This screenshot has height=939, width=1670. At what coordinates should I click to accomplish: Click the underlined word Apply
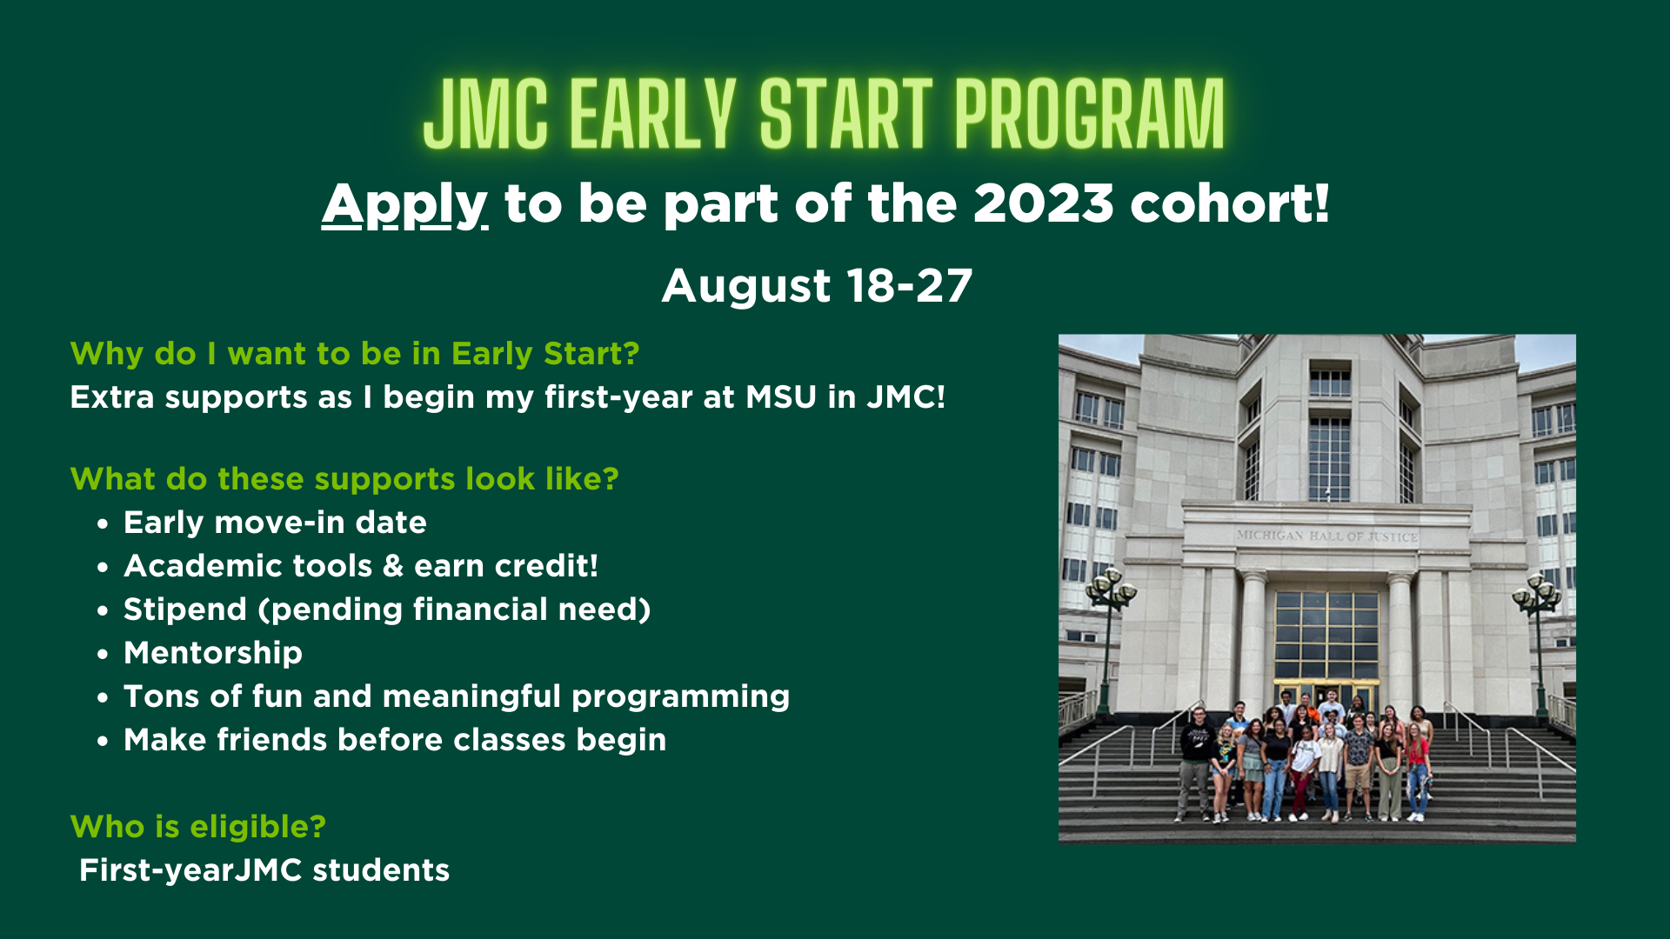click(404, 205)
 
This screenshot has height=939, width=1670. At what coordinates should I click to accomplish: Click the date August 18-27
click(817, 285)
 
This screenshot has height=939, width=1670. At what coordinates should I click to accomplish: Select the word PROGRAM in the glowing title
click(1089, 115)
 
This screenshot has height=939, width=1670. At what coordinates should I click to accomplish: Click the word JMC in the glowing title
click(485, 115)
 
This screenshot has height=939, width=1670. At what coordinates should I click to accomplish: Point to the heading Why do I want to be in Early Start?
click(355, 354)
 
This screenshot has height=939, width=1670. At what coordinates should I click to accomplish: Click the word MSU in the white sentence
click(781, 397)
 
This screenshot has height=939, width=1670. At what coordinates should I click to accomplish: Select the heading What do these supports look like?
click(344, 479)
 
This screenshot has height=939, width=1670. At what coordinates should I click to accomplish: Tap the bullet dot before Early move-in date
click(104, 524)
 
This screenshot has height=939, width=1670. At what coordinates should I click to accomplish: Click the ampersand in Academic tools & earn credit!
click(393, 566)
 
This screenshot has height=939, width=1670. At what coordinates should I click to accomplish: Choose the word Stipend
click(185, 609)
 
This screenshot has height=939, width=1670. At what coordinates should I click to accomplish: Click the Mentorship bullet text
click(213, 653)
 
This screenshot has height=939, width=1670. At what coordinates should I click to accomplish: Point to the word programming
click(680, 696)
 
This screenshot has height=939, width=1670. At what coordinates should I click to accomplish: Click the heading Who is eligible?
click(197, 827)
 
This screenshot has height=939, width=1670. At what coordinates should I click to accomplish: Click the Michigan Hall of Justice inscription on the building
click(1326, 536)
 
